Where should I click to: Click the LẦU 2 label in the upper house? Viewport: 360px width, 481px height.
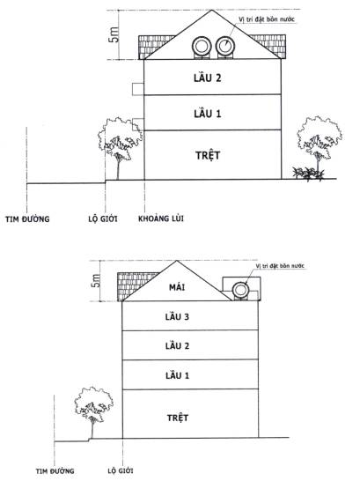[x=207, y=78]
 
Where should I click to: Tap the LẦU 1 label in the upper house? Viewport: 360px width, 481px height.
[x=207, y=114]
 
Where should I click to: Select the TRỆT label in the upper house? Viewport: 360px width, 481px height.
[x=208, y=155]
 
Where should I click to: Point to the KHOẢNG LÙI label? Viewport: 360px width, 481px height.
[x=161, y=218]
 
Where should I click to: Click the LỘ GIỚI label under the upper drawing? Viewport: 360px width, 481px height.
[x=103, y=218]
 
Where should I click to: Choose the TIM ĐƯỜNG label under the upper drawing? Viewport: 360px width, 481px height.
[x=27, y=219]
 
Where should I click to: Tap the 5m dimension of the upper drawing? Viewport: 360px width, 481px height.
[x=114, y=34]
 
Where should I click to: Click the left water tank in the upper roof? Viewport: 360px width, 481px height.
[x=202, y=47]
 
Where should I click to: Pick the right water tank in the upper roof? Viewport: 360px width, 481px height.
[x=225, y=47]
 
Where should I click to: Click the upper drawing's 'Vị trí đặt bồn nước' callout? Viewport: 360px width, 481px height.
[x=267, y=19]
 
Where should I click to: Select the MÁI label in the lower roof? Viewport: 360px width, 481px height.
[x=177, y=287]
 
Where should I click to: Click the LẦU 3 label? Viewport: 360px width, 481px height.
[x=177, y=316]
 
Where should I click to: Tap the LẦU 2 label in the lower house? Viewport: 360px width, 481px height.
[x=177, y=345]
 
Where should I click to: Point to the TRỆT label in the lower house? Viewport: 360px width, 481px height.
[x=178, y=418]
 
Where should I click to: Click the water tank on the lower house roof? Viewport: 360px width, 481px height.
[x=240, y=290]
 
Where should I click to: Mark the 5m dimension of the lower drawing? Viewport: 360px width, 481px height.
[x=96, y=280]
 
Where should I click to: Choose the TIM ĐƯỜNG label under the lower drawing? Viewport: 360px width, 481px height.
[x=55, y=471]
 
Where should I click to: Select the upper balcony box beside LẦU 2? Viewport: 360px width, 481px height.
[x=138, y=89]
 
